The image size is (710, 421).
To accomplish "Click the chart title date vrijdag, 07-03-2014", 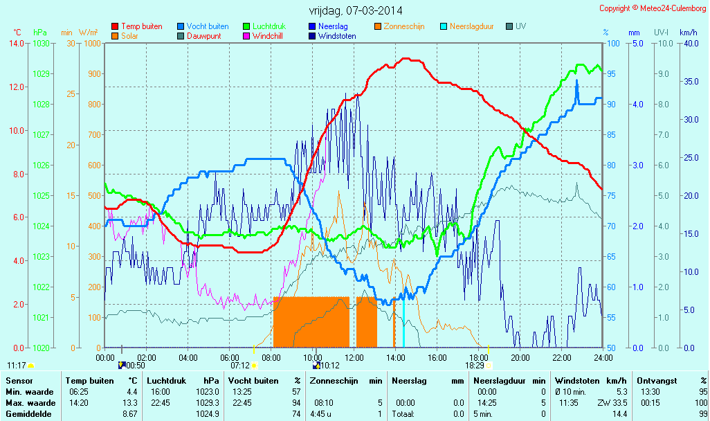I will coord(355,11).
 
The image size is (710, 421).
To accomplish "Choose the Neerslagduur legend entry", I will coord(471,26).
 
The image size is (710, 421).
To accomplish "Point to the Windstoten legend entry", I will coord(337,36).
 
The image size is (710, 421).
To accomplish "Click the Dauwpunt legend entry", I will coord(203,36).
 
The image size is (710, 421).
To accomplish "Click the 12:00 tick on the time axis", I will coord(354,357).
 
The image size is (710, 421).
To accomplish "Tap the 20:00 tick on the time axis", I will coord(520,357).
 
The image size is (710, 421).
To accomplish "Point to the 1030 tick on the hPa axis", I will coord(41,43).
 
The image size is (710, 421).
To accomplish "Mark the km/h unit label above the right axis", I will coord(688,32).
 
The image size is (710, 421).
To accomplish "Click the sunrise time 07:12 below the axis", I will coord(239,365).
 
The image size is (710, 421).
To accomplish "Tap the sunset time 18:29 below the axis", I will coord(474,365).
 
